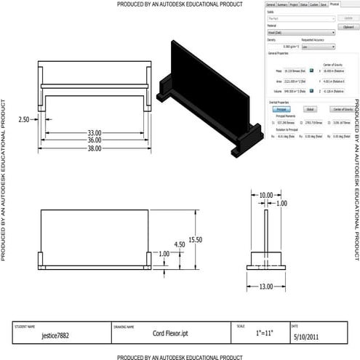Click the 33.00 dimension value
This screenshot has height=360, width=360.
coord(95,133)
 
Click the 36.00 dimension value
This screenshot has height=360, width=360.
coord(95,140)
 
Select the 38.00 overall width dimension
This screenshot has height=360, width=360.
coord(95,148)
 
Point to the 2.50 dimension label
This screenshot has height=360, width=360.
coord(24,119)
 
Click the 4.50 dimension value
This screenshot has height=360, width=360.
coord(179,244)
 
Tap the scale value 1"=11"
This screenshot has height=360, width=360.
coord(259,333)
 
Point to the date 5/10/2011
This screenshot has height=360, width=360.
coord(308,337)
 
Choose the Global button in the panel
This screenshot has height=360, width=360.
coord(311,109)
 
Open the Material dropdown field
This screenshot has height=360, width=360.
coord(301,32)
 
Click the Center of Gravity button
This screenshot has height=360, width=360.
coord(340,109)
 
